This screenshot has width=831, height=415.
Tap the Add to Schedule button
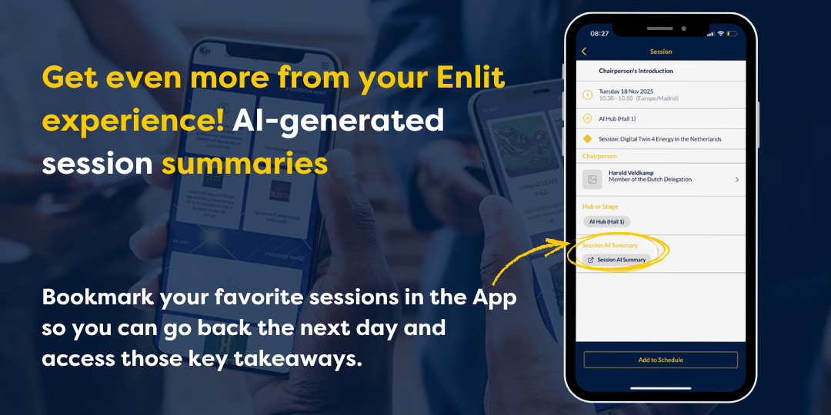point(660,360)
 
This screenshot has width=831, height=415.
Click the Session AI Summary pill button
point(616,260)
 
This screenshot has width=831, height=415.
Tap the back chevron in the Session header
point(584,51)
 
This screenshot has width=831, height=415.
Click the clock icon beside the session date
point(587,95)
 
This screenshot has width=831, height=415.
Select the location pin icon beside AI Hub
point(587,118)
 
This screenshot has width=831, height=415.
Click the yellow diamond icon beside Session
point(587,139)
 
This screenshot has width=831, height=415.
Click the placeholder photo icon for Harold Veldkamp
point(592,179)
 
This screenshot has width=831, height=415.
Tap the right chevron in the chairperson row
point(736,179)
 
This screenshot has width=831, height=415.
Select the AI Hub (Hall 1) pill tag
point(606,221)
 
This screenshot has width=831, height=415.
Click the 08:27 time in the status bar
point(599,34)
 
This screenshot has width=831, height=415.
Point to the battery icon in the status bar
point(732,34)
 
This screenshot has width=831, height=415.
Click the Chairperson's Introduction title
point(636,71)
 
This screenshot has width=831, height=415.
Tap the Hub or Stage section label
point(599,206)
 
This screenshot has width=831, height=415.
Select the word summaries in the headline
point(245,163)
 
